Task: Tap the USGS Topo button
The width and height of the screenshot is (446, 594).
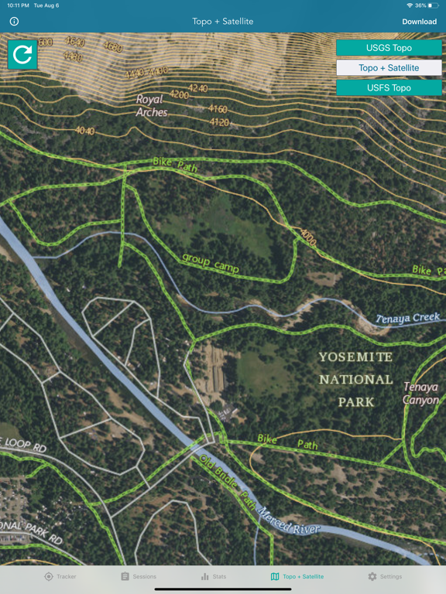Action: (x=389, y=48)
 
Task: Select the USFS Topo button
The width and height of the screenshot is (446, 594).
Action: (x=389, y=87)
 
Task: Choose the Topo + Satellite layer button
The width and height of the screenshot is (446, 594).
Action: (x=389, y=68)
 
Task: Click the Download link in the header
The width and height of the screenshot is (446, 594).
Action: (x=419, y=22)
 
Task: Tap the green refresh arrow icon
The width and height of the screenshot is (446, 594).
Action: (x=22, y=54)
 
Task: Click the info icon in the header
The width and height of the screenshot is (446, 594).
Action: (x=14, y=22)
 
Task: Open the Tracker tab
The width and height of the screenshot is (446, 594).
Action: (x=60, y=576)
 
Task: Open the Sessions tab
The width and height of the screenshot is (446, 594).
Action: (x=139, y=576)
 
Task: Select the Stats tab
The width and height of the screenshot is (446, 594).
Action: (x=214, y=576)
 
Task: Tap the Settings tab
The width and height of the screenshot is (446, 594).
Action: (x=385, y=576)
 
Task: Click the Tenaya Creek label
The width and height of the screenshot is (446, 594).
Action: (x=407, y=318)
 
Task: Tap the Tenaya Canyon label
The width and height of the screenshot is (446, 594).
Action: (x=420, y=393)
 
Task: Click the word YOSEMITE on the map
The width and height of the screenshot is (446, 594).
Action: (x=355, y=357)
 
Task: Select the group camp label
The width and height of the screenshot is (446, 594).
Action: (x=211, y=263)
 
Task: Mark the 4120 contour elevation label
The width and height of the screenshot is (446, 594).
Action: (x=219, y=122)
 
